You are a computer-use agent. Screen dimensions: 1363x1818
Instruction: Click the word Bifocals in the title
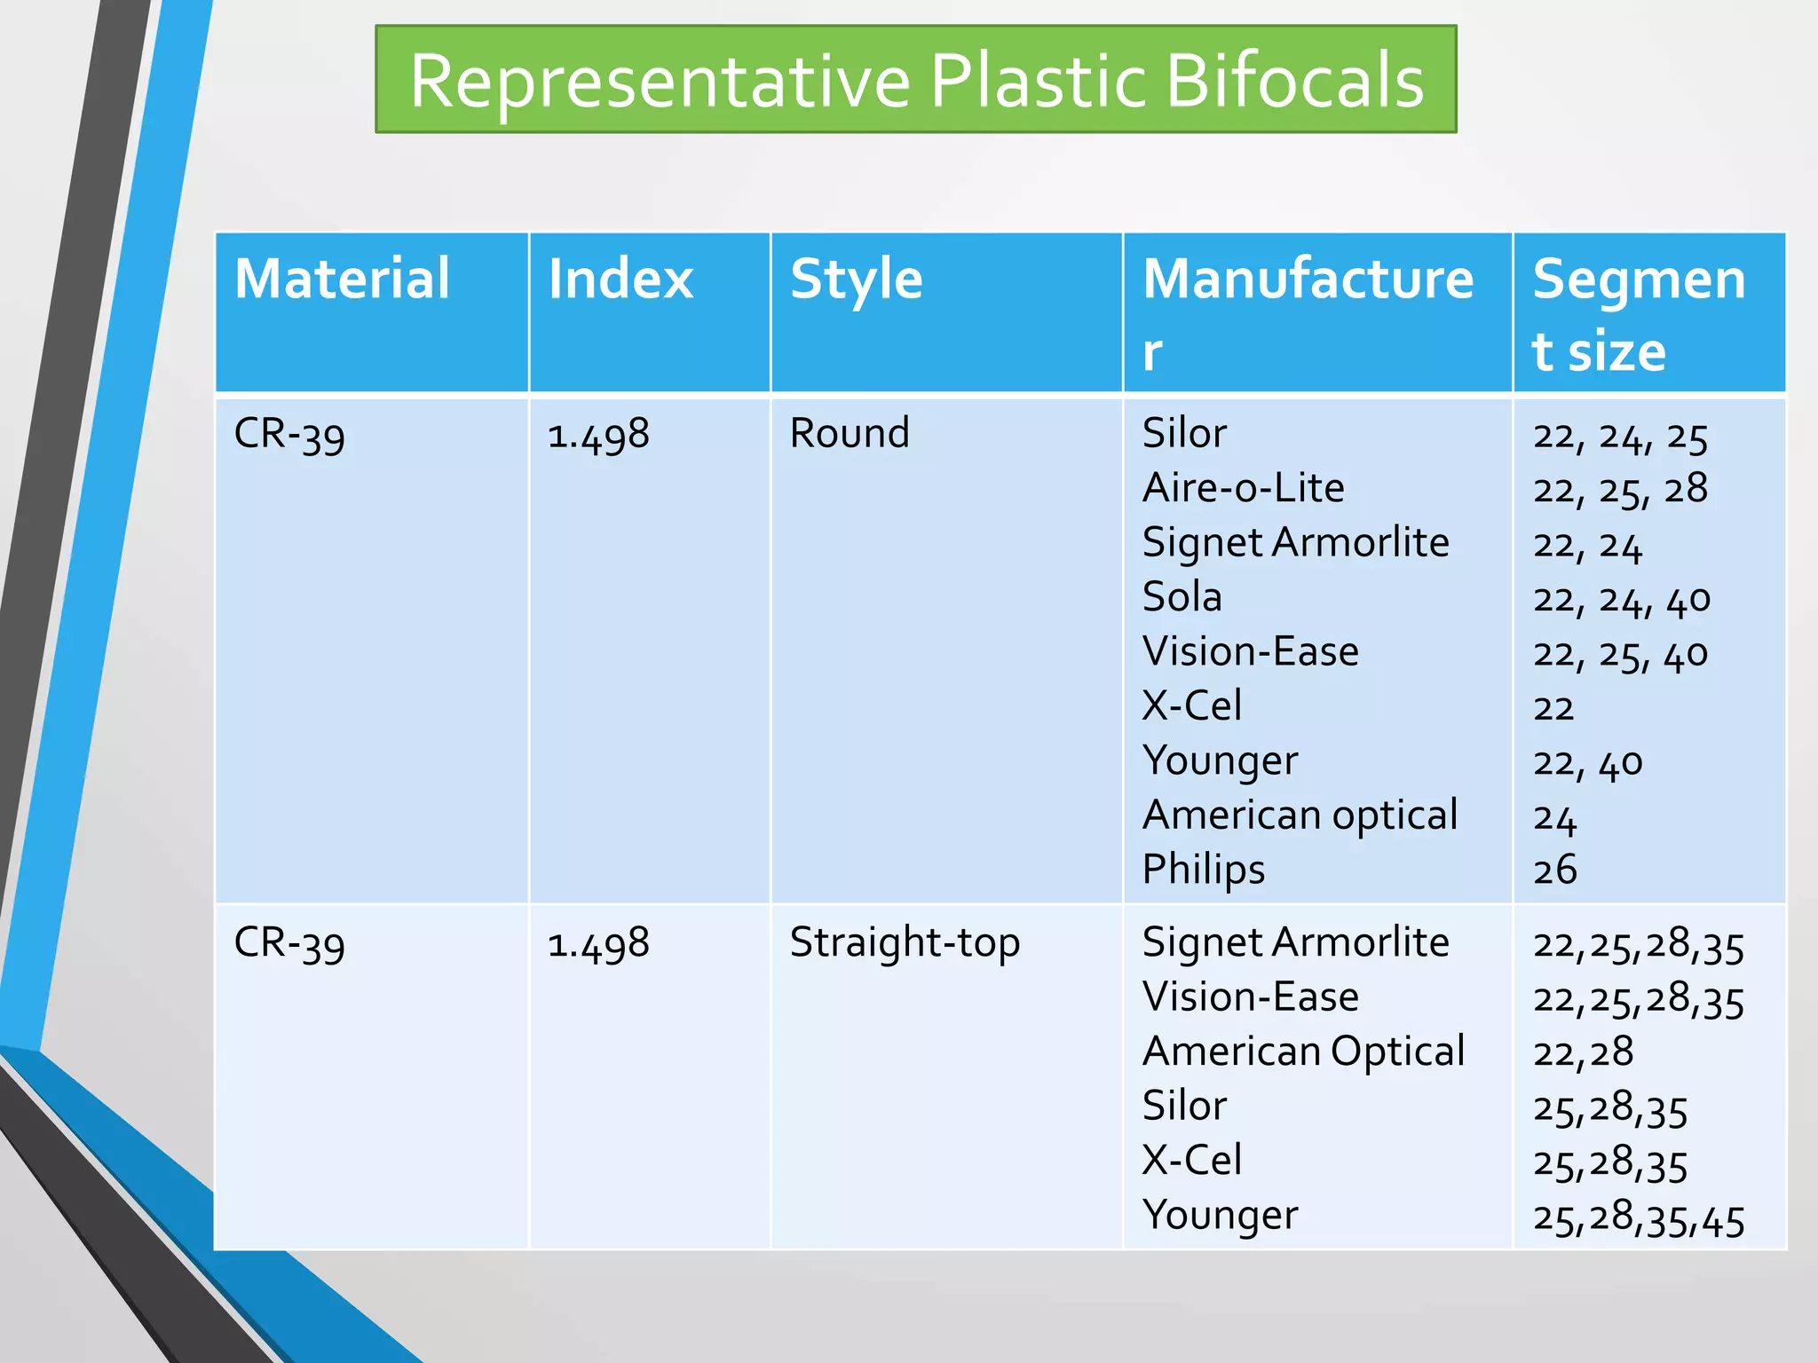point(1295,82)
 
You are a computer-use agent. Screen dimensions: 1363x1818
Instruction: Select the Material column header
point(342,279)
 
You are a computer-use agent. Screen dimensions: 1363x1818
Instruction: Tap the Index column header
point(620,279)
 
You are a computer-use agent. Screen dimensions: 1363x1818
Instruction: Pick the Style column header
point(857,279)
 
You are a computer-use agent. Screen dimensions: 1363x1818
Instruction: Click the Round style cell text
point(850,434)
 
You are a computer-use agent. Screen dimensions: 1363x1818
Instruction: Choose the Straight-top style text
point(905,943)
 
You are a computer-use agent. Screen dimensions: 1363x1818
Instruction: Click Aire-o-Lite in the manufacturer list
point(1243,488)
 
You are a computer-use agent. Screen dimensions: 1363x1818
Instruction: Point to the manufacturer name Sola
point(1182,597)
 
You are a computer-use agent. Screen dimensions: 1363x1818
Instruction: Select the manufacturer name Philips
point(1203,870)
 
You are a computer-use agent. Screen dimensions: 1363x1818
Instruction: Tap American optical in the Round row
point(1300,815)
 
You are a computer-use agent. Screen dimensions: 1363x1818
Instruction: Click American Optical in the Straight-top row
point(1303,1052)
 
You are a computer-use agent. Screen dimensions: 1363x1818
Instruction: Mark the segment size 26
point(1555,871)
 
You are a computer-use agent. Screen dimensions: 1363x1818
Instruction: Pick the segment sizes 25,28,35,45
point(1639,1218)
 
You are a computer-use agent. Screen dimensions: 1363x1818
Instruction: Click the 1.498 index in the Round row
point(598,435)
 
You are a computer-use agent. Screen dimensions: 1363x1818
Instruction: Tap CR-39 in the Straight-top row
point(289,944)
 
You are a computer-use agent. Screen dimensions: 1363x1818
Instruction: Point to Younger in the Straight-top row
point(1220,1216)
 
